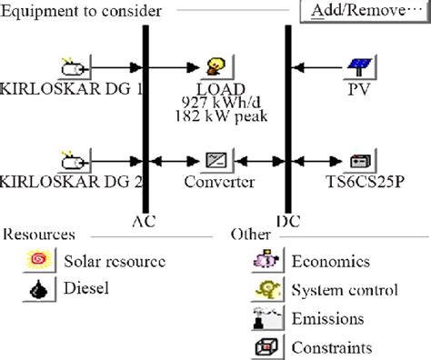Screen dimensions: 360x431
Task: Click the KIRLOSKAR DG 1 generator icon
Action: [72, 67]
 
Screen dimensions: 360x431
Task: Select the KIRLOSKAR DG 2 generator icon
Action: [72, 162]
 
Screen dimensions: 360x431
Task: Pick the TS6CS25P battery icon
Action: [360, 162]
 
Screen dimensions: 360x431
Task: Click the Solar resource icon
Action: [40, 263]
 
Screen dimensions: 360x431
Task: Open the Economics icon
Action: [265, 263]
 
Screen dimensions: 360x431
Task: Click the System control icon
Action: [265, 291]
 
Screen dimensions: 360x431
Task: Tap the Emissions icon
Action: [265, 319]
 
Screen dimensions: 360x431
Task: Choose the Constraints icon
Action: [265, 347]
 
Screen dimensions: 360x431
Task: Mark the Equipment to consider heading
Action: [83, 11]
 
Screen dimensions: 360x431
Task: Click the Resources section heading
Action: [38, 235]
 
